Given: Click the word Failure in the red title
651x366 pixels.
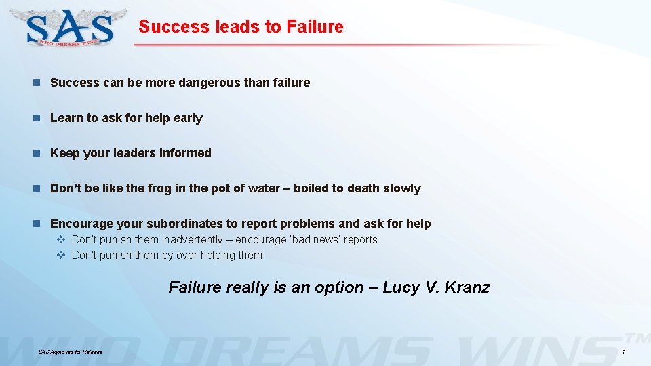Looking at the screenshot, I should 315,27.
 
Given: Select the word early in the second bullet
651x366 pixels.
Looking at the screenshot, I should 188,118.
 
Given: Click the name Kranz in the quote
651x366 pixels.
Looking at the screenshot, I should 466,287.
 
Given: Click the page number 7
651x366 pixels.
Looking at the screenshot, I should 623,353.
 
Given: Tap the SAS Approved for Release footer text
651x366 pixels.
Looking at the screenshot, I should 71,352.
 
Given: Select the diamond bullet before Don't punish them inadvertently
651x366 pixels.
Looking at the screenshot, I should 60,240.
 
